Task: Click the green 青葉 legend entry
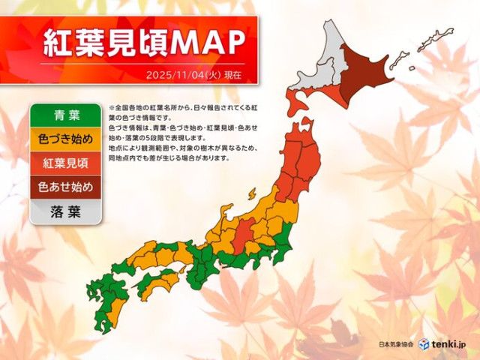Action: pos(64,115)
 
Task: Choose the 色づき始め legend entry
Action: pos(64,139)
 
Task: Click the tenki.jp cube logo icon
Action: pos(424,343)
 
